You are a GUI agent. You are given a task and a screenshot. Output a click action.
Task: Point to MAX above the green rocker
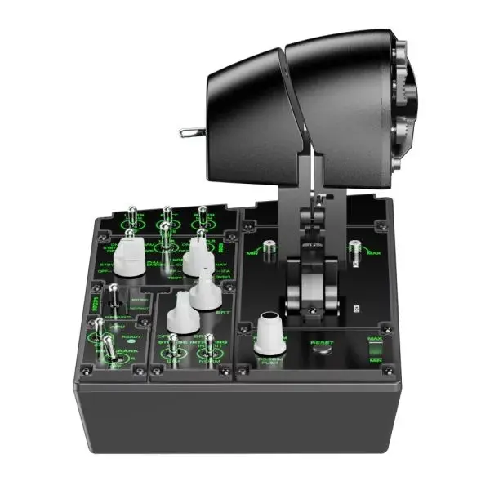(376, 337)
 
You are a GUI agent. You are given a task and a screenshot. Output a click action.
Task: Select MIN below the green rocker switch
(376, 361)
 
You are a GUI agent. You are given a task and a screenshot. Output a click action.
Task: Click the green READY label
(131, 336)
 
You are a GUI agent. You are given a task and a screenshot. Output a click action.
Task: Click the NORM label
(209, 359)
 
